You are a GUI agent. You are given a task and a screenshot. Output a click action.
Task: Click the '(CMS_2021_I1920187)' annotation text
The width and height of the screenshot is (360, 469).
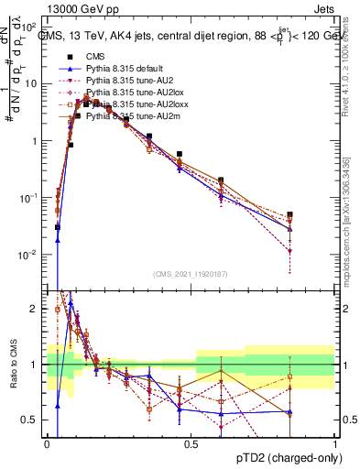pyautogui.click(x=191, y=274)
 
